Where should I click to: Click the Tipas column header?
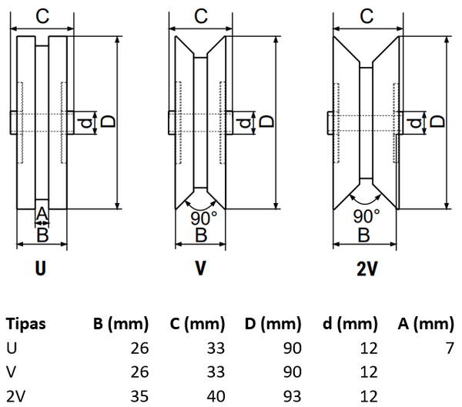25,324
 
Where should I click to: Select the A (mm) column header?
424,324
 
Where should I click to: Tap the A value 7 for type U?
450,349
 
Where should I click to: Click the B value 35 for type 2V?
139,397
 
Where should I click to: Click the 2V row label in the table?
15,397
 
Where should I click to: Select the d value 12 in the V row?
370,373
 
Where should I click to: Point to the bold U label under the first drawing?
41,269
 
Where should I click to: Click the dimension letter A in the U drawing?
42,213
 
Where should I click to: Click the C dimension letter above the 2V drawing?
367,15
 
